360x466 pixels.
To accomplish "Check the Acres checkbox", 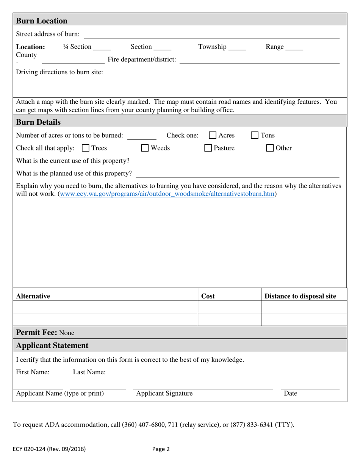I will pos(213,136).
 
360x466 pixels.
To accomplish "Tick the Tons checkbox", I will pos(255,136).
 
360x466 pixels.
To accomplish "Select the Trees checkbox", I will pos(86,148).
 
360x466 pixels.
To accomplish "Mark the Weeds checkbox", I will pos(145,148).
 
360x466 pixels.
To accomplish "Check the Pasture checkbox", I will pos(208,148).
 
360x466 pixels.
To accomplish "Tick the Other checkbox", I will pos(270,148).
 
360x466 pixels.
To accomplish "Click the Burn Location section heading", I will pos(42,21).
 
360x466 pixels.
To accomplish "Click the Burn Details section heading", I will pos(38,122).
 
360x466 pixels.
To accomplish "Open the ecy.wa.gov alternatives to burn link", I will pos(167,194).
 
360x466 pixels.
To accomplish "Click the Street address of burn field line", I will pos(211,35).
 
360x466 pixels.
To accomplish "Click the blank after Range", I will pos(294,48).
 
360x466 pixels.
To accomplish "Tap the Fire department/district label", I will pos(142,59).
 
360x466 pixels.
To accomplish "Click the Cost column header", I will pos(208,296).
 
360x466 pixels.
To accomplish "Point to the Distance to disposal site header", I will pos(300,296).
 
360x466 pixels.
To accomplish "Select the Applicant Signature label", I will pos(164,394).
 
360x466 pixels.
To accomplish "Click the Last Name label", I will pos(89,372).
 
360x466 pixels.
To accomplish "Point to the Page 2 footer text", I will pos(161,449).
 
